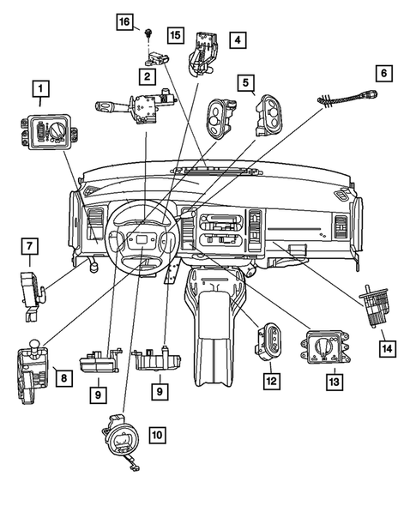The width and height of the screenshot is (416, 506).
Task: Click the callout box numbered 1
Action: [x=38, y=87]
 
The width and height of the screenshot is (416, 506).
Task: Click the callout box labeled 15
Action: [x=175, y=35]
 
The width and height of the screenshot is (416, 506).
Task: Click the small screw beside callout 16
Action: [x=149, y=32]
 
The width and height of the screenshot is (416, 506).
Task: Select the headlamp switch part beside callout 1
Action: [x=47, y=131]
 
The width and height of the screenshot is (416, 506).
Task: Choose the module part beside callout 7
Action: [x=32, y=287]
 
